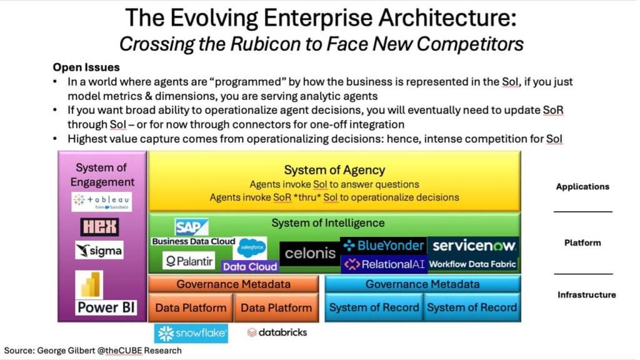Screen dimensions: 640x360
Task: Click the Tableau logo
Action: pyautogui.click(x=102, y=202)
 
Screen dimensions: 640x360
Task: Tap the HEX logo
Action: pyautogui.click(x=99, y=227)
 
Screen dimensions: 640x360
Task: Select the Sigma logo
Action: pyautogui.click(x=99, y=250)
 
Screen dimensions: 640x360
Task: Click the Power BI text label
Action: pyautogui.click(x=106, y=307)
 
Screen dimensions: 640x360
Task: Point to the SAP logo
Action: pyautogui.click(x=191, y=227)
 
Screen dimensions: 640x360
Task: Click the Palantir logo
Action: pyautogui.click(x=189, y=261)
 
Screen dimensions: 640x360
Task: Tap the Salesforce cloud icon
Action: pyautogui.click(x=252, y=247)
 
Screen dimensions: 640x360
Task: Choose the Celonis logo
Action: pyautogui.click(x=310, y=254)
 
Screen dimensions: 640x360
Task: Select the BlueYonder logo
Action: pyautogui.click(x=383, y=245)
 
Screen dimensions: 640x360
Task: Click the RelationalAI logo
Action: pyautogui.click(x=384, y=264)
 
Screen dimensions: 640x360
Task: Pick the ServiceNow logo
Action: pyautogui.click(x=474, y=246)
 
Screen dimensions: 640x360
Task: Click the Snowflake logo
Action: pyautogui.click(x=191, y=334)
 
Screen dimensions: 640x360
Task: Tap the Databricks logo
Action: pyautogui.click(x=277, y=332)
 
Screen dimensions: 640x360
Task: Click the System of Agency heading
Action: pyautogui.click(x=334, y=170)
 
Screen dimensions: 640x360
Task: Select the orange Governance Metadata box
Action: pyautogui.click(x=234, y=284)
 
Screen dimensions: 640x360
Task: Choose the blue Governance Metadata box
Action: pyautogui.click(x=422, y=284)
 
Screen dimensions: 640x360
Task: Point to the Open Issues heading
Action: pyautogui.click(x=86, y=67)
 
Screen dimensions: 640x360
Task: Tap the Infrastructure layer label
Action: pyautogui.click(x=586, y=295)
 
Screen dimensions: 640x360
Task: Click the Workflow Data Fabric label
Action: pyautogui.click(x=472, y=264)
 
